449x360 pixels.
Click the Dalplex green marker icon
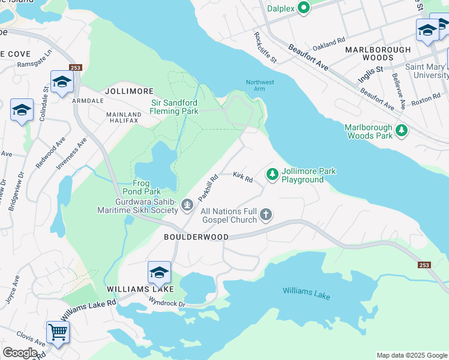coord(303,8)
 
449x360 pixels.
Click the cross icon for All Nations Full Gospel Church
coord(266,215)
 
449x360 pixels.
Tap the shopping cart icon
coord(58,331)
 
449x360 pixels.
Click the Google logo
coord(20,353)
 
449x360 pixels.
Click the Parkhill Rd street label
coord(207,187)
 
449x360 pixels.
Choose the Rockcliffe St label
coord(265,48)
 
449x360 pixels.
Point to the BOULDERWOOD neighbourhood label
coord(196,237)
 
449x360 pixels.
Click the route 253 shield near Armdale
coord(75,68)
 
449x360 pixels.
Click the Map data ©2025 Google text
coord(411,355)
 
